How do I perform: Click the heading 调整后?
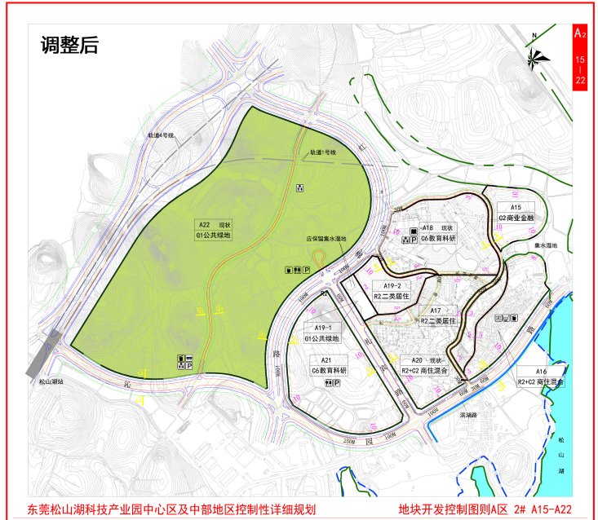[x=69, y=45]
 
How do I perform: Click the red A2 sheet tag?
[x=579, y=34]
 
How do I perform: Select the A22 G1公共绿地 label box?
[x=214, y=229]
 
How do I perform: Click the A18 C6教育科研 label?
[x=436, y=233]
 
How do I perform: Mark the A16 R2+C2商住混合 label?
[x=541, y=376]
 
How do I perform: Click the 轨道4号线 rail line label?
[x=161, y=134]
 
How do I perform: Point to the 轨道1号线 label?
[x=322, y=152]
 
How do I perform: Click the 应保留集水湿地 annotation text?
[x=326, y=240]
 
